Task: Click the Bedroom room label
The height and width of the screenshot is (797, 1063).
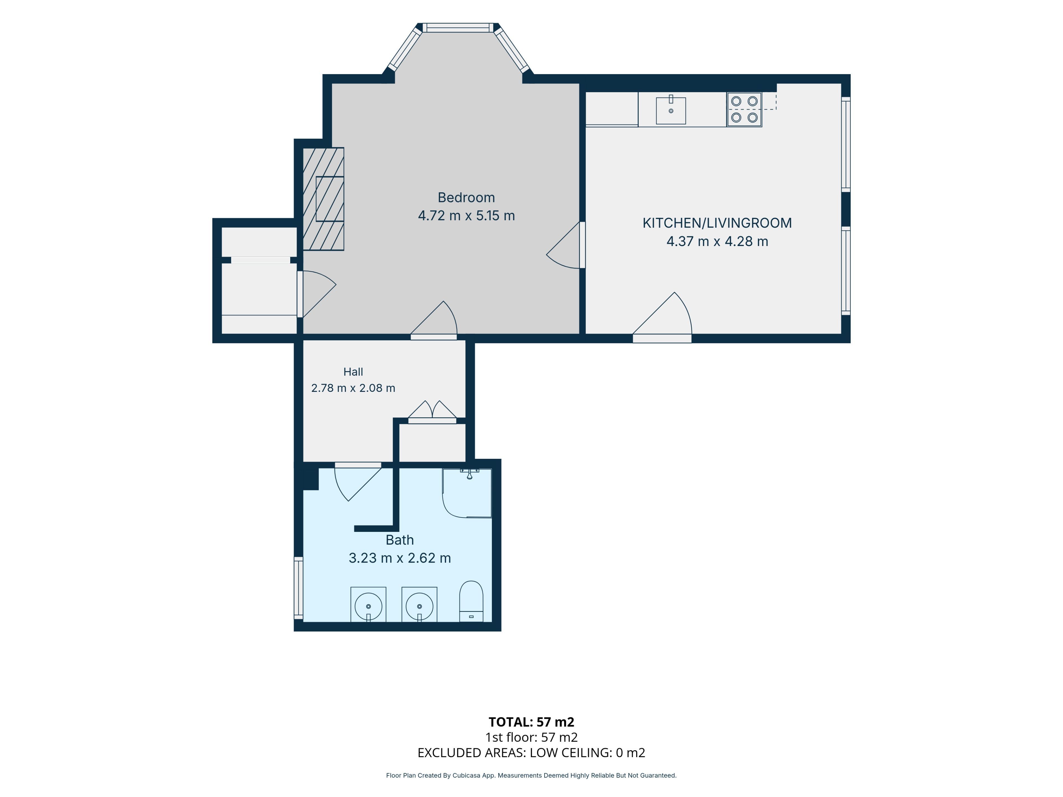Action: coord(466,197)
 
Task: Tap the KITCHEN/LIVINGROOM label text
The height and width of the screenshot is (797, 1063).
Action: coord(717,223)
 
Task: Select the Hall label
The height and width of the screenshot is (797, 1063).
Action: coord(353,372)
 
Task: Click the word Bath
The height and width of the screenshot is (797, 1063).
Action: coord(399,540)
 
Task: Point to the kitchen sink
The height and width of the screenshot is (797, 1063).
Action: coord(671,110)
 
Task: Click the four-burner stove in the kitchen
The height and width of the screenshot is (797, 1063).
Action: coord(744,110)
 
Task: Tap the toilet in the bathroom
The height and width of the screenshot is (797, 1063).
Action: coord(471,601)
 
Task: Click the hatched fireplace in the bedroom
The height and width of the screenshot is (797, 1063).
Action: coord(323,199)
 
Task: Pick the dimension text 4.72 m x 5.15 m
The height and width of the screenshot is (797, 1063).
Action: coord(466,216)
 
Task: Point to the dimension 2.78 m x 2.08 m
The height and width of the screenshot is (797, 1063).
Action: coord(353,388)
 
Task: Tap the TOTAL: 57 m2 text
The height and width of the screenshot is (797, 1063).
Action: coord(531,722)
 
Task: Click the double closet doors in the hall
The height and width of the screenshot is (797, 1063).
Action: coord(432,412)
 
